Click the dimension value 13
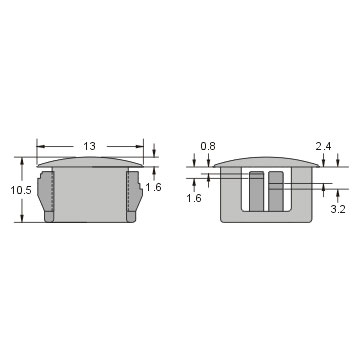coord(89,146)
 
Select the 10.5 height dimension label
coord(21,190)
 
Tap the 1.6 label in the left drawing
coord(153,187)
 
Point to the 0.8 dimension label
coord(208,146)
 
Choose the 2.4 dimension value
coord(323,146)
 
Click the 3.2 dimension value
coord(338,209)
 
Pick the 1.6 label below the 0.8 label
coord(194,198)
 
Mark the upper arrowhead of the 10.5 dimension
coord(22,161)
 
